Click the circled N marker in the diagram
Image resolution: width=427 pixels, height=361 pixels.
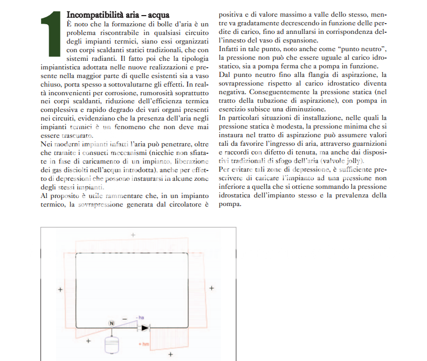[112, 323]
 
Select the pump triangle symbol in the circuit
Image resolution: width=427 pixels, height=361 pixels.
[144, 327]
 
